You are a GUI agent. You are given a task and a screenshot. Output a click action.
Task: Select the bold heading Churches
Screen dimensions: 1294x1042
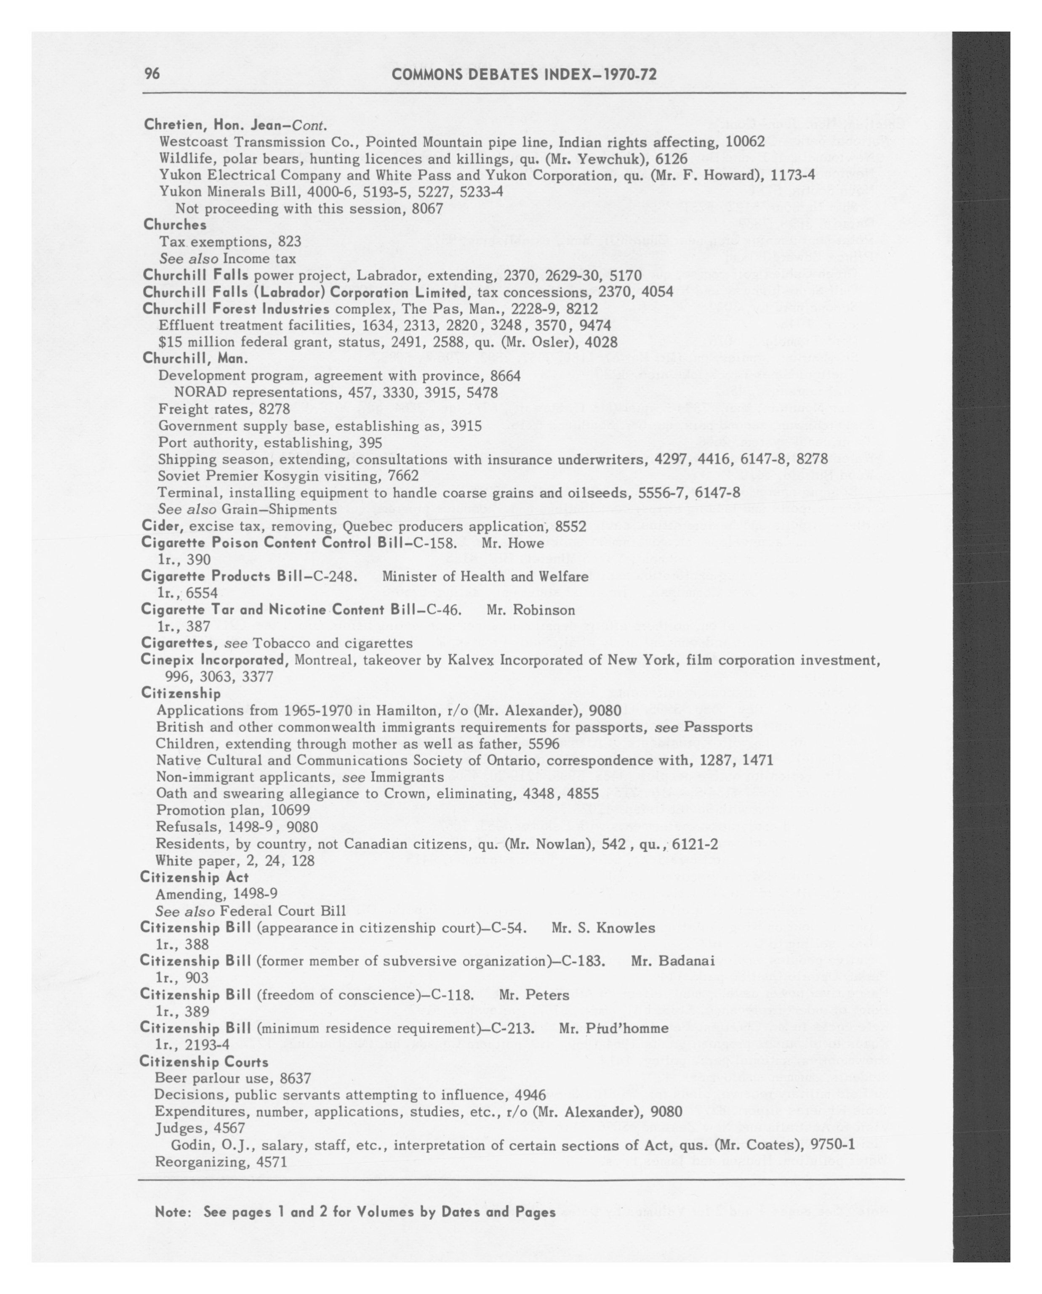[175, 225]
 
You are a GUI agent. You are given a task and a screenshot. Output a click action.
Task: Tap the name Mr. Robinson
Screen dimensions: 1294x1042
[530, 610]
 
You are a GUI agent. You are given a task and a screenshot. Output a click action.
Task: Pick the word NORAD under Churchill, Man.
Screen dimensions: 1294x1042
[200, 392]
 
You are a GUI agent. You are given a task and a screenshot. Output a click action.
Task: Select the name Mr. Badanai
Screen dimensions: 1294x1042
[673, 961]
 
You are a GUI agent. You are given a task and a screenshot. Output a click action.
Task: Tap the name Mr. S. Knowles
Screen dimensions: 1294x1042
[603, 928]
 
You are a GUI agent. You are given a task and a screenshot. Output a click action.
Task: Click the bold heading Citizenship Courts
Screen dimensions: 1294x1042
[204, 1062]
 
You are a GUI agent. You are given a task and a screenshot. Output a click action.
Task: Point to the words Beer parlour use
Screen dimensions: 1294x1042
[215, 1079]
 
